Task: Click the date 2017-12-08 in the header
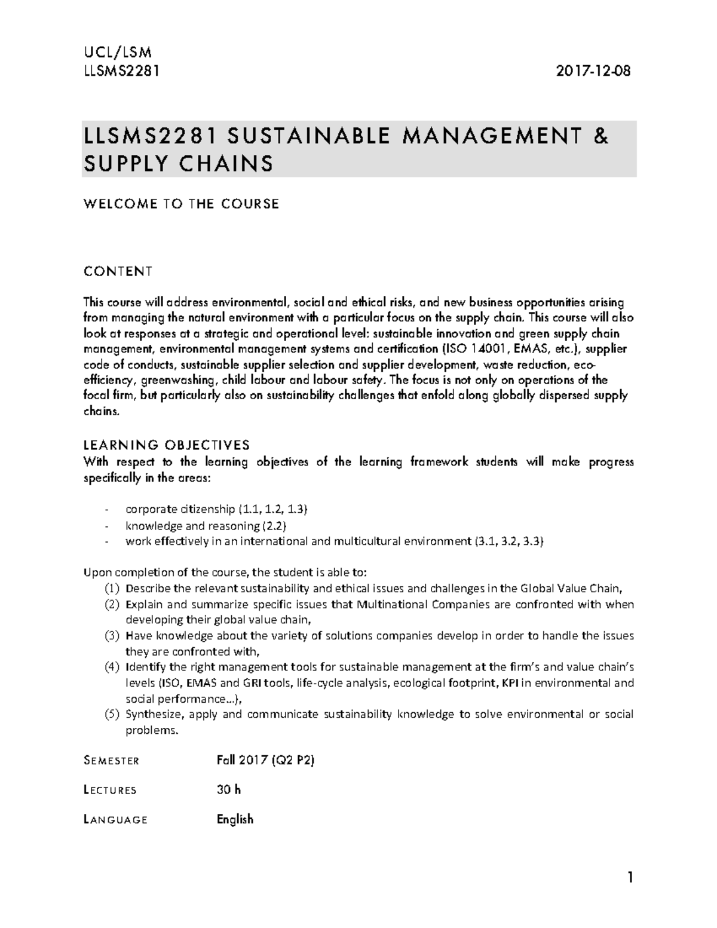(x=593, y=71)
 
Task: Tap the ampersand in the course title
(x=601, y=137)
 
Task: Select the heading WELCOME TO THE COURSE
(x=181, y=204)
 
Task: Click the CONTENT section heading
(x=118, y=272)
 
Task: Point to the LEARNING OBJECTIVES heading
(x=166, y=445)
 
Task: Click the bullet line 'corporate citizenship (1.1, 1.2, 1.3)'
(x=216, y=509)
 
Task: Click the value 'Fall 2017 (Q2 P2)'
(x=265, y=760)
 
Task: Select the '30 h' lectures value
(x=229, y=789)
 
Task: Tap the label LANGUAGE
(x=115, y=819)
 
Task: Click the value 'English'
(x=235, y=819)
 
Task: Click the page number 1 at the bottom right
(x=629, y=878)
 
